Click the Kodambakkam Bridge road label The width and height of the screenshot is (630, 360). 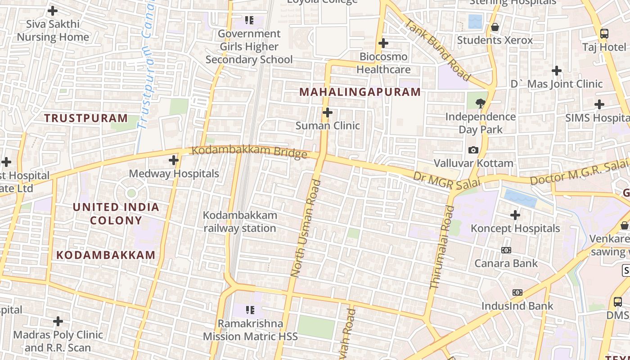(250, 151)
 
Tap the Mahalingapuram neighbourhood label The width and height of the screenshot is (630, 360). (360, 92)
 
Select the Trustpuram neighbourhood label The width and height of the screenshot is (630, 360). (86, 118)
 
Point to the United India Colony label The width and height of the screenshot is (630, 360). (116, 214)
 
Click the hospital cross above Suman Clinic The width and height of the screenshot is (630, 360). (328, 112)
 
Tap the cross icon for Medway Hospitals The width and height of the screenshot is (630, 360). (174, 160)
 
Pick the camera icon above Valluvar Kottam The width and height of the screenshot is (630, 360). (473, 150)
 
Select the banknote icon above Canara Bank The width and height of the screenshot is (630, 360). (506, 250)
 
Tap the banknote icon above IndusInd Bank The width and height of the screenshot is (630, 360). (517, 292)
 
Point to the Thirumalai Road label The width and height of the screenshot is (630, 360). (442, 247)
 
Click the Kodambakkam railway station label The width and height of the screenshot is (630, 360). (240, 222)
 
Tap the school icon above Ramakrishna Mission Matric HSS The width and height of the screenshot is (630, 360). (250, 310)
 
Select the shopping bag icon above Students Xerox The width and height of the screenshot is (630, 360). (495, 27)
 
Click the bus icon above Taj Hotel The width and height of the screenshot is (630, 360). (604, 33)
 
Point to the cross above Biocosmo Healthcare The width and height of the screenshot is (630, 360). (383, 43)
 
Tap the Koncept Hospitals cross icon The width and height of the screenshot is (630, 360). (515, 215)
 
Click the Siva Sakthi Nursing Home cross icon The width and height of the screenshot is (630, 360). (53, 10)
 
